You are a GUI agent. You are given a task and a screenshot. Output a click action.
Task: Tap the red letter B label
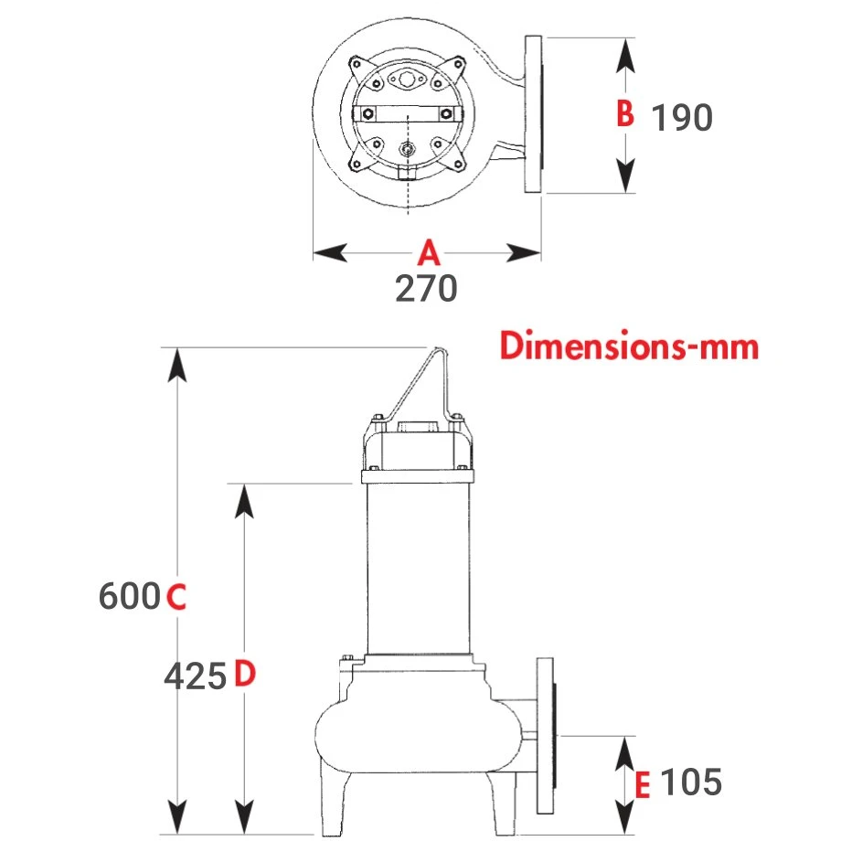point(625,113)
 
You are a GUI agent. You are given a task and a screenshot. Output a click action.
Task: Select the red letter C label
point(176,596)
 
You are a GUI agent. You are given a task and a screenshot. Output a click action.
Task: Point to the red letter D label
point(245,674)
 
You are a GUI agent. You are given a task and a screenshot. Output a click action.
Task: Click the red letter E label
point(642,785)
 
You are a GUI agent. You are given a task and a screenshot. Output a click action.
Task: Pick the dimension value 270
point(426,289)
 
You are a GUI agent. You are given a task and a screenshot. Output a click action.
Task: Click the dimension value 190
point(682,117)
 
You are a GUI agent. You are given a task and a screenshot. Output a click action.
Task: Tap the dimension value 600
point(130,596)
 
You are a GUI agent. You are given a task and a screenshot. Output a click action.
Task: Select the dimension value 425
point(196,676)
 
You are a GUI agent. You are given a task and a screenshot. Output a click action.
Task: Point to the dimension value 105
point(691,782)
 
